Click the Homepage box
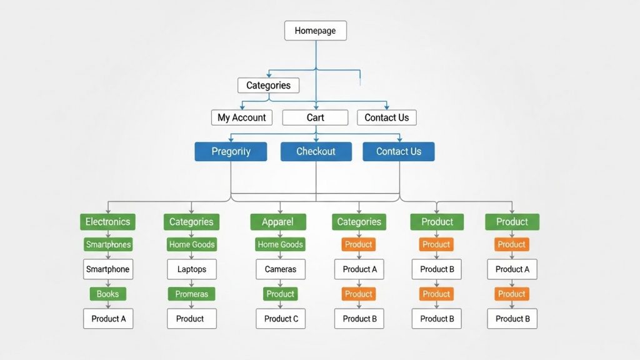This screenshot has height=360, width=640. pyautogui.click(x=315, y=31)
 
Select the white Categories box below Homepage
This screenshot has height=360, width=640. pyautogui.click(x=268, y=85)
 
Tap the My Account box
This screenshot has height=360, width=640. pyautogui.click(x=241, y=117)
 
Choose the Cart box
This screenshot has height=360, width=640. pyautogui.click(x=315, y=117)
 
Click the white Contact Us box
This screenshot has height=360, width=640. pyautogui.click(x=386, y=117)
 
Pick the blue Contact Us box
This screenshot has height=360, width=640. pyautogui.click(x=398, y=151)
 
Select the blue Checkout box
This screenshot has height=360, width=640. pyautogui.click(x=316, y=151)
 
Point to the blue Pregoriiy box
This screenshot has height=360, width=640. pyautogui.click(x=231, y=151)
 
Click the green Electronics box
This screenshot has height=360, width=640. pyautogui.click(x=107, y=222)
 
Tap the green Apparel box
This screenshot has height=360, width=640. pyautogui.click(x=278, y=222)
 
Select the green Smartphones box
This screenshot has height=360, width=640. pyautogui.click(x=108, y=244)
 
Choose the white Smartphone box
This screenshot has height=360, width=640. pyautogui.click(x=107, y=269)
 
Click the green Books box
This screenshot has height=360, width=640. pyautogui.click(x=107, y=294)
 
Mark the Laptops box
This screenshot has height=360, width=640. pyautogui.click(x=191, y=269)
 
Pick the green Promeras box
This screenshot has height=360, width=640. pyautogui.click(x=191, y=294)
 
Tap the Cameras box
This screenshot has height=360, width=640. pyautogui.click(x=281, y=269)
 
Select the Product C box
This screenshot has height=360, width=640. pyautogui.click(x=281, y=319)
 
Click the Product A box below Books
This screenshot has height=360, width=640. pyautogui.click(x=108, y=319)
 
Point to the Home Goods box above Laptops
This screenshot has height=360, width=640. pyautogui.click(x=191, y=244)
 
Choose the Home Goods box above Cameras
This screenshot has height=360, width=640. pyautogui.click(x=280, y=244)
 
